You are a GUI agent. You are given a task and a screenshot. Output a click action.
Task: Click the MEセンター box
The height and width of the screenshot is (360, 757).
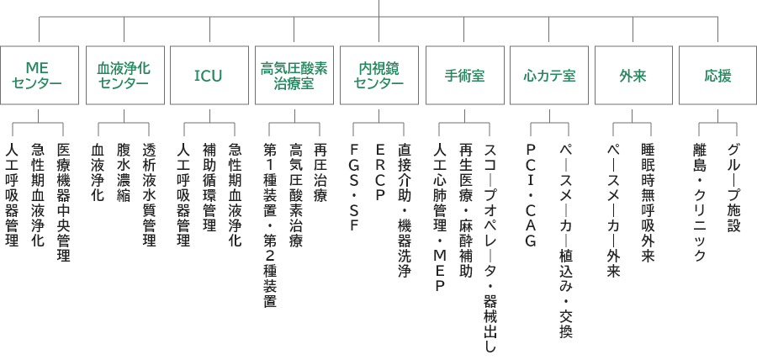[x=40, y=75]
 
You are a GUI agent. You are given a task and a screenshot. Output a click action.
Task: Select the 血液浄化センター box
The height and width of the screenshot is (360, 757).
[x=124, y=75]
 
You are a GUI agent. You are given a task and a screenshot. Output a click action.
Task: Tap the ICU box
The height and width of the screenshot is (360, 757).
[x=209, y=75]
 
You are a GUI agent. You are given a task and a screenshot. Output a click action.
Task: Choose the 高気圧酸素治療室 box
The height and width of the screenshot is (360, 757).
[x=294, y=75]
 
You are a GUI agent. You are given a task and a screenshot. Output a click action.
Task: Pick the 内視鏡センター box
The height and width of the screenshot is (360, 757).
[x=378, y=75]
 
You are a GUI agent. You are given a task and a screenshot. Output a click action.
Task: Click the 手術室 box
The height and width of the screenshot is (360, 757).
[x=463, y=75]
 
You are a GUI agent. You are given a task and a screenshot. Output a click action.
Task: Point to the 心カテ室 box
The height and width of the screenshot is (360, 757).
[x=548, y=75]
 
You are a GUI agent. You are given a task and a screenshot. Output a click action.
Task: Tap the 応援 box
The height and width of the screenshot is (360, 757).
[x=717, y=75]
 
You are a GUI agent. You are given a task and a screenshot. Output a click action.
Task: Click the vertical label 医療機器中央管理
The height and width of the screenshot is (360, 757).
[x=63, y=202]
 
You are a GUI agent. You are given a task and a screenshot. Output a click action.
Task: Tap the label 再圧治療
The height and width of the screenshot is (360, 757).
[x=319, y=173]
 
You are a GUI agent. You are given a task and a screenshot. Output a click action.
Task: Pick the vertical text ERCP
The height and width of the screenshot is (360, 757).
[x=379, y=173]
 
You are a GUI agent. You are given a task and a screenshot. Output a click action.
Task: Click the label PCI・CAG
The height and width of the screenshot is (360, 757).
[x=531, y=195]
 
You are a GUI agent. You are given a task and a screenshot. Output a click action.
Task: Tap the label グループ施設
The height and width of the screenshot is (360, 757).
[x=733, y=187]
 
